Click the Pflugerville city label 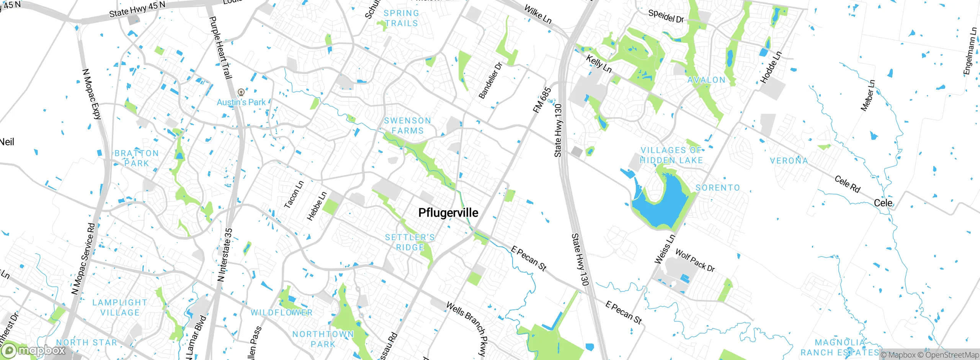[x=448, y=213]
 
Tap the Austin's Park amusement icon [x=241, y=92]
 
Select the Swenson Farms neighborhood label [x=408, y=126]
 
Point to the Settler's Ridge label [x=410, y=242]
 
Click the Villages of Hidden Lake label [x=671, y=155]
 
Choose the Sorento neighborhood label [x=717, y=188]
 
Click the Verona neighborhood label [x=789, y=160]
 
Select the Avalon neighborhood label [x=706, y=80]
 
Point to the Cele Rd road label [x=847, y=184]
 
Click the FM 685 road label [x=542, y=100]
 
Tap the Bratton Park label [x=136, y=158]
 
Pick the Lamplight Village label [x=120, y=308]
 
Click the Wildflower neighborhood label [x=281, y=313]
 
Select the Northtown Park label [x=323, y=339]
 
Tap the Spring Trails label [x=401, y=18]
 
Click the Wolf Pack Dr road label [x=695, y=260]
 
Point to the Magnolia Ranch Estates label [x=840, y=347]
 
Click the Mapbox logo [x=34, y=350]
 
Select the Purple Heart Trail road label [x=221, y=47]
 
